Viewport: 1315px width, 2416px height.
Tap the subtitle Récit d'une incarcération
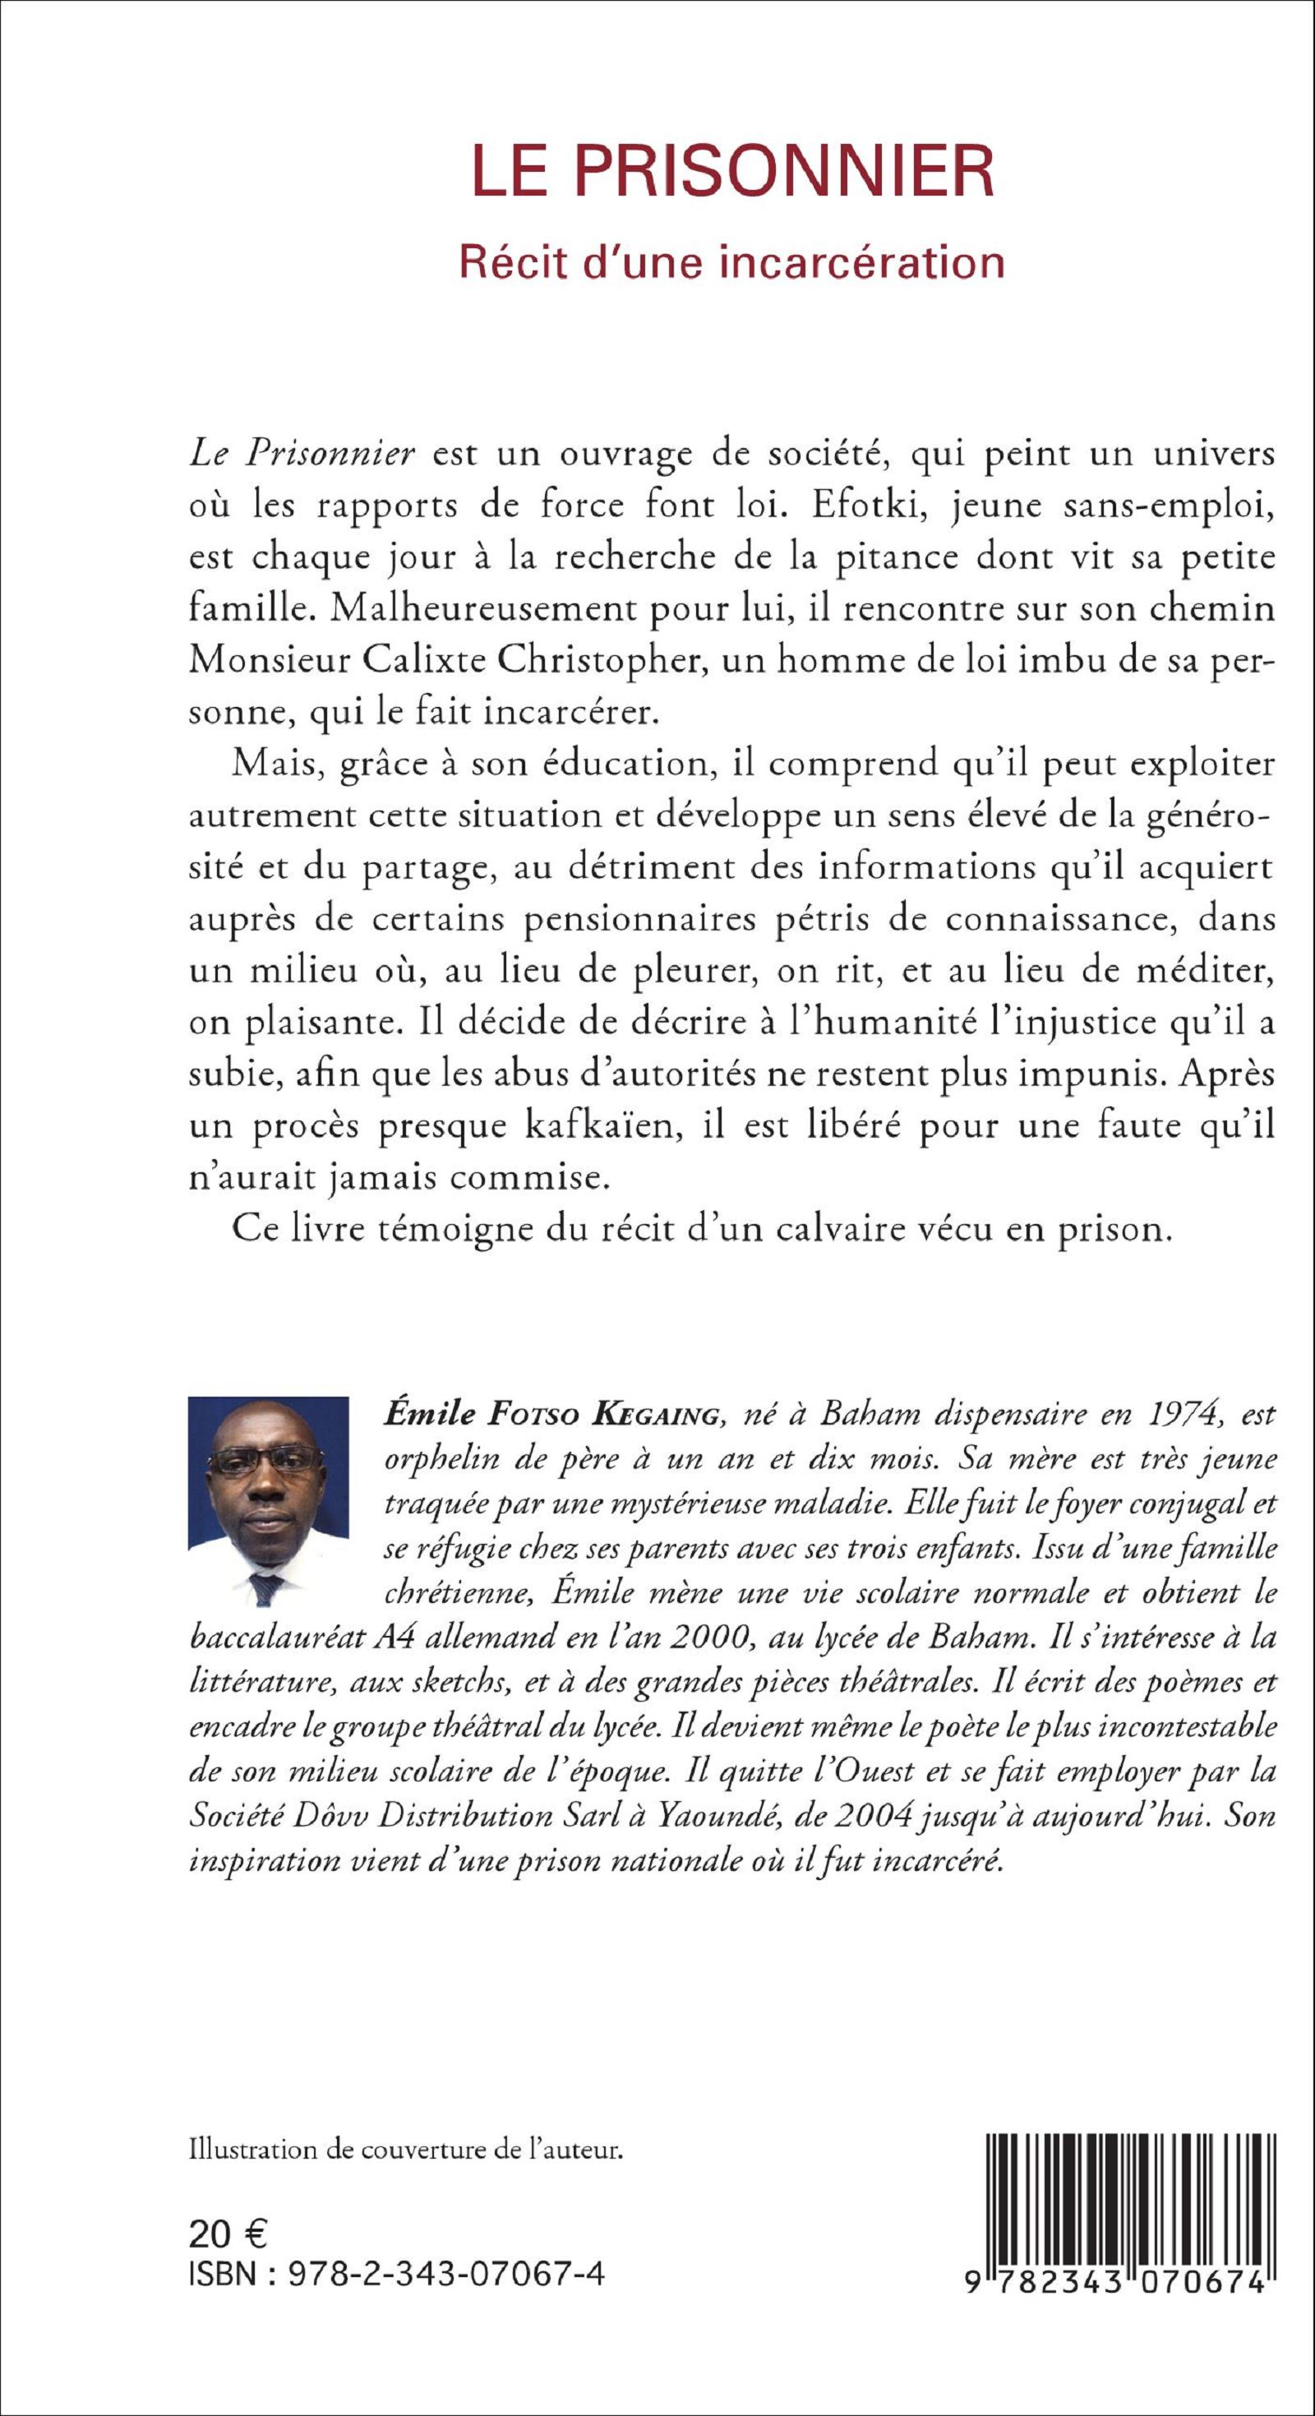point(732,261)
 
